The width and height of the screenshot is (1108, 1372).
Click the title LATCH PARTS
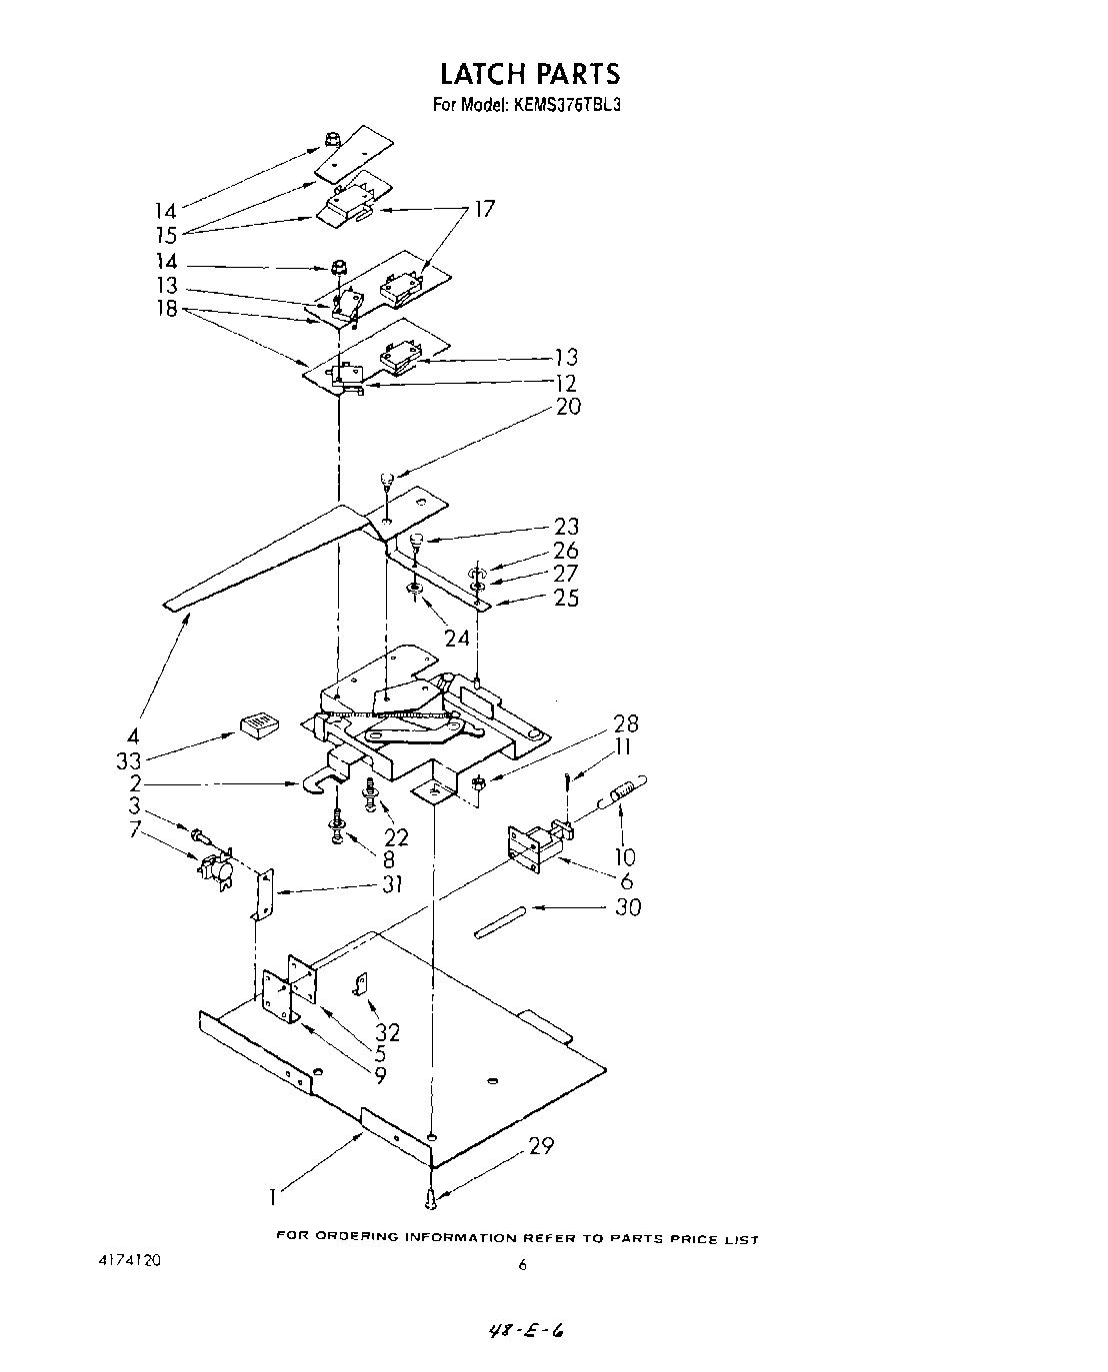pyautogui.click(x=530, y=74)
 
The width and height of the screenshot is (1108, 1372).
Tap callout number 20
pyautogui.click(x=568, y=407)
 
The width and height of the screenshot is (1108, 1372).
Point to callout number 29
pyautogui.click(x=541, y=1146)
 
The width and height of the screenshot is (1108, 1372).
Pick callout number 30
pyautogui.click(x=628, y=907)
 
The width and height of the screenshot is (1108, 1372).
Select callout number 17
pyautogui.click(x=484, y=209)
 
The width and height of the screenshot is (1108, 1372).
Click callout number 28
pyautogui.click(x=626, y=723)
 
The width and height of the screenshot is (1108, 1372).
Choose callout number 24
pyautogui.click(x=456, y=638)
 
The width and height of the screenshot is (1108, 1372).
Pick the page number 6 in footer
pyautogui.click(x=522, y=1265)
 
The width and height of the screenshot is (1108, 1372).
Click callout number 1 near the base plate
pyautogui.click(x=273, y=1194)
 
